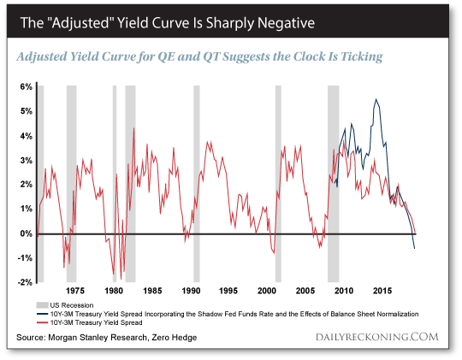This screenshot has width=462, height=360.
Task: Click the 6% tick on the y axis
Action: point(27,87)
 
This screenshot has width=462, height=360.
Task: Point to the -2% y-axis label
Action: point(26,282)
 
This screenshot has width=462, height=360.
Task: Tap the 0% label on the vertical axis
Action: point(27,233)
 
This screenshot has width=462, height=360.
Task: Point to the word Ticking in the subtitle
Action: point(357,56)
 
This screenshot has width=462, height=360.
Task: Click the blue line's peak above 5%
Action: point(376,100)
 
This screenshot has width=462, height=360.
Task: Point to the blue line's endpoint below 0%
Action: point(415,248)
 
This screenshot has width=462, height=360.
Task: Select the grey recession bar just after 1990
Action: point(196,184)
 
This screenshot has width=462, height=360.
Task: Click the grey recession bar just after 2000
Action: point(277,184)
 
